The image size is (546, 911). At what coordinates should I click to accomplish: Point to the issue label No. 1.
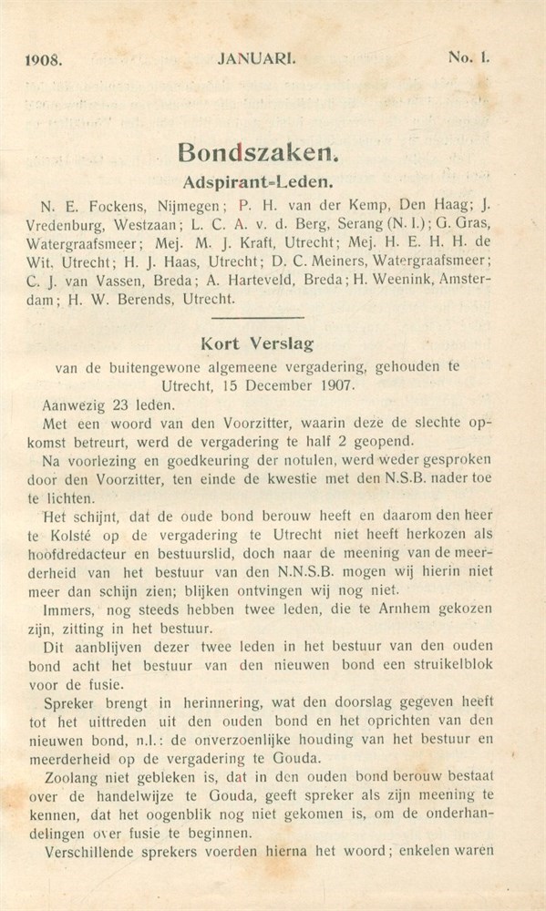point(469,56)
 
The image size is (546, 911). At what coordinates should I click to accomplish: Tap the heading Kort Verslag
point(259,345)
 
